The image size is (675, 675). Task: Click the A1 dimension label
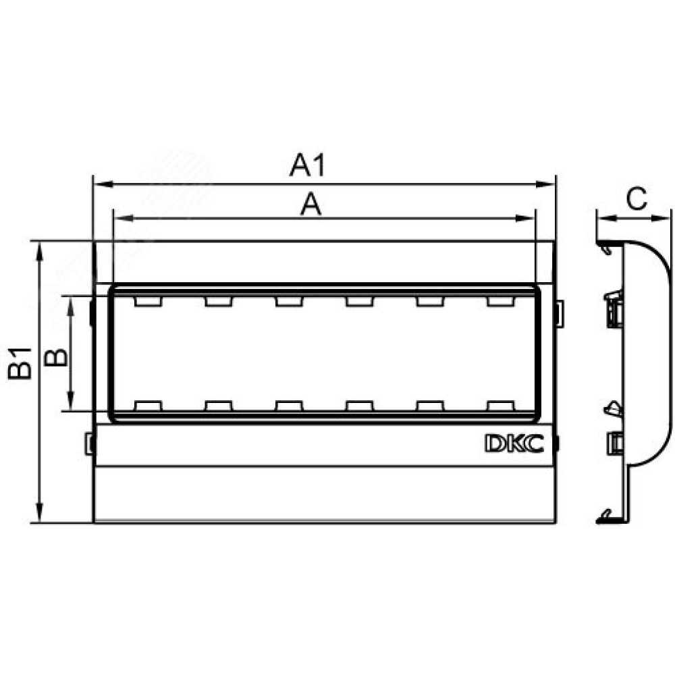tap(307, 165)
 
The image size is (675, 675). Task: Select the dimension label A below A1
tap(310, 205)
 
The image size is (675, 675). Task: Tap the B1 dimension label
tap(20, 363)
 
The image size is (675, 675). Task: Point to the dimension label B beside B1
tap(56, 357)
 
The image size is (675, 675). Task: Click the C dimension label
tap(637, 199)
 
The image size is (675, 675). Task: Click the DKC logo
tap(514, 443)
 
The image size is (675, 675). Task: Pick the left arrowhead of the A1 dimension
tap(104, 185)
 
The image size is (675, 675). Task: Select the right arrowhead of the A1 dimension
tap(545, 185)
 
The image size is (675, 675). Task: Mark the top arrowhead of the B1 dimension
tap(40, 252)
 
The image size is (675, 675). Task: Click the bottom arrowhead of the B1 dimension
tap(40, 513)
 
